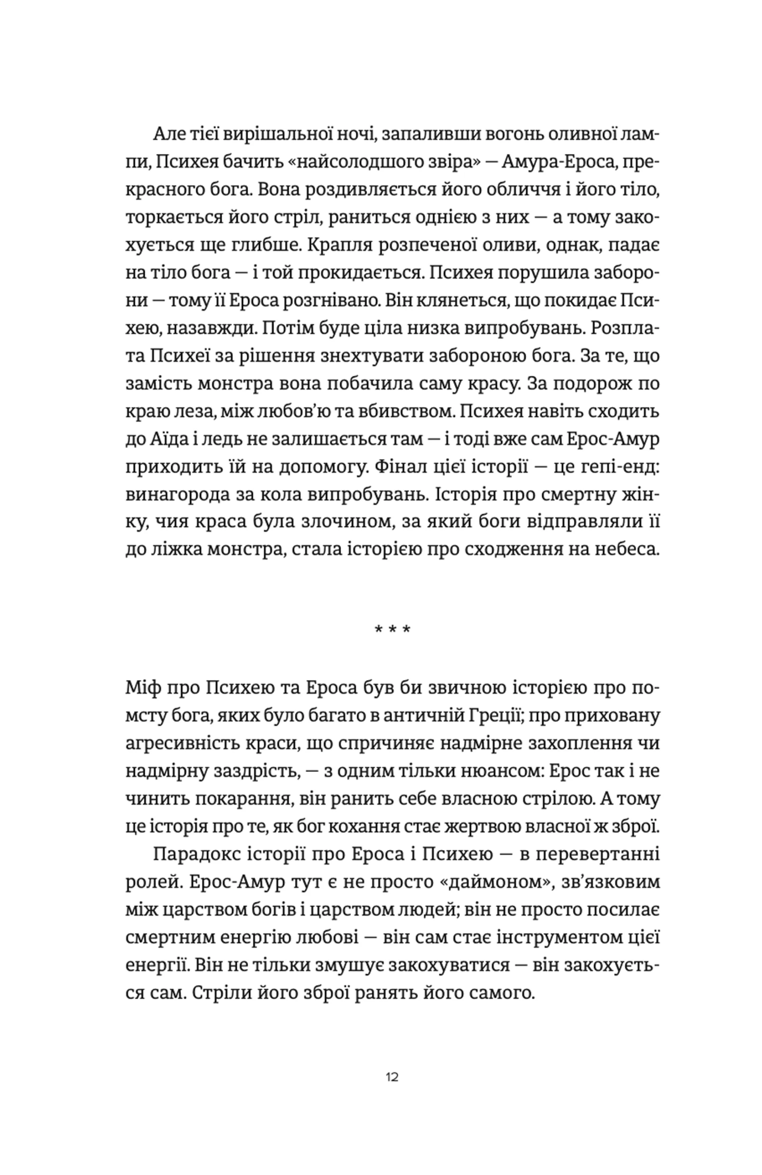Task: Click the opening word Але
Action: [169, 134]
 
